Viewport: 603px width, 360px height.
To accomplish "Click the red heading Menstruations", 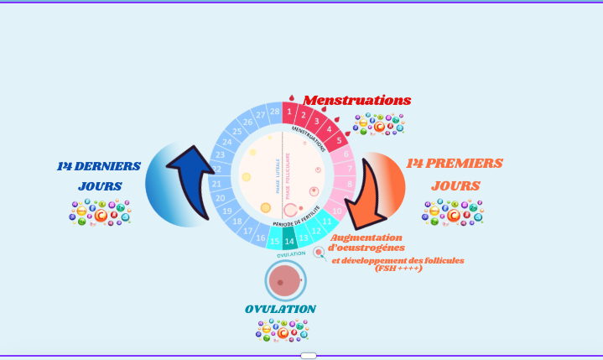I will pyautogui.click(x=356, y=100).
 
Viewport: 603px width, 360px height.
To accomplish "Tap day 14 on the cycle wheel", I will pyautogui.click(x=289, y=242).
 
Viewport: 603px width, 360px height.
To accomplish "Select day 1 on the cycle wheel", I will pyautogui.click(x=289, y=112).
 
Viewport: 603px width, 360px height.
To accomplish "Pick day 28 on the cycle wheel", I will pyautogui.click(x=274, y=112).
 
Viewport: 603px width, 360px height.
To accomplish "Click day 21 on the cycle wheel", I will pyautogui.click(x=216, y=184).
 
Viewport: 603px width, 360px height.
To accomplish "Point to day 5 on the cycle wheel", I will pyautogui.click(x=340, y=140).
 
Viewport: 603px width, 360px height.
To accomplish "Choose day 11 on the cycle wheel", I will pyautogui.click(x=328, y=222).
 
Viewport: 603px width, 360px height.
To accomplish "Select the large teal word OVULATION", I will pyautogui.click(x=281, y=309).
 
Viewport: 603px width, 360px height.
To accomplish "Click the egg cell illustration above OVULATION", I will pyautogui.click(x=285, y=280).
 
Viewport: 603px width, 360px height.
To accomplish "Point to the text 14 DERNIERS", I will pyautogui.click(x=99, y=166).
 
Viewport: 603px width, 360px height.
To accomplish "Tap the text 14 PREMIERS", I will pyautogui.click(x=455, y=164).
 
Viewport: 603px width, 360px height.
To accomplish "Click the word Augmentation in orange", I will pyautogui.click(x=366, y=237).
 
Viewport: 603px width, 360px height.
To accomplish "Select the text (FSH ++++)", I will pyautogui.click(x=398, y=269).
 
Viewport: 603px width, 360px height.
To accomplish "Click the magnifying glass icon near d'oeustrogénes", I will pyautogui.click(x=319, y=253).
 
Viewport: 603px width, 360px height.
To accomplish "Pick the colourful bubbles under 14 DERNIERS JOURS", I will pyautogui.click(x=100, y=212).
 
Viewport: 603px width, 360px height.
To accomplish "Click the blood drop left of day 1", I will pyautogui.click(x=291, y=97).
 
